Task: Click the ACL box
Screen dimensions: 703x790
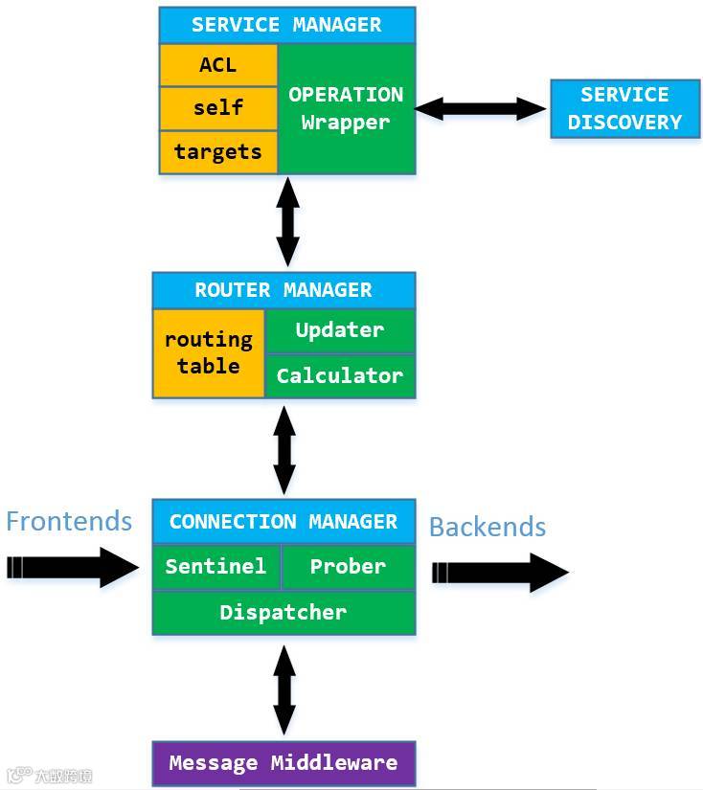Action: pos(218,65)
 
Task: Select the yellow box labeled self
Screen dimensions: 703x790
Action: pos(218,108)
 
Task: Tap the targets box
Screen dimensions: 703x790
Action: pos(218,152)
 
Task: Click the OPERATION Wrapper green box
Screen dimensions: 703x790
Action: pos(346,109)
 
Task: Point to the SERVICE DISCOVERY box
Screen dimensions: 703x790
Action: pos(624,108)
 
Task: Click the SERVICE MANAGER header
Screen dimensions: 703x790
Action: pos(287,25)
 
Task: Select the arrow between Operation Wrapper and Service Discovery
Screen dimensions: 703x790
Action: pos(480,109)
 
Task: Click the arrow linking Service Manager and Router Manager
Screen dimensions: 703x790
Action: pos(287,222)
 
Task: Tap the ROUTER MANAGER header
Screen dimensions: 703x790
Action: pos(283,290)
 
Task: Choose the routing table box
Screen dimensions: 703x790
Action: pos(209,353)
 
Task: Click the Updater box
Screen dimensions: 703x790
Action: pos(340,330)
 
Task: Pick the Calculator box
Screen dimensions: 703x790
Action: pos(340,376)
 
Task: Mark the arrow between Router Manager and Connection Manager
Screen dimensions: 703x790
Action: pos(284,450)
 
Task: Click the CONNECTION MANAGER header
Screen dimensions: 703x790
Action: pos(283,522)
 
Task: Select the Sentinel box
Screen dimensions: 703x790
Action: pos(216,567)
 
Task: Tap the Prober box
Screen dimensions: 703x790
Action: pos(349,567)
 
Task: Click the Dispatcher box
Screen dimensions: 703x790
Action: pos(283,613)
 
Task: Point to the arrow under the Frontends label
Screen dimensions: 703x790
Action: pos(73,567)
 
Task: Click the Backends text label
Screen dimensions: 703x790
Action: pos(488,527)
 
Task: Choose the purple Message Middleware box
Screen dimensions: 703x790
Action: pos(283,763)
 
